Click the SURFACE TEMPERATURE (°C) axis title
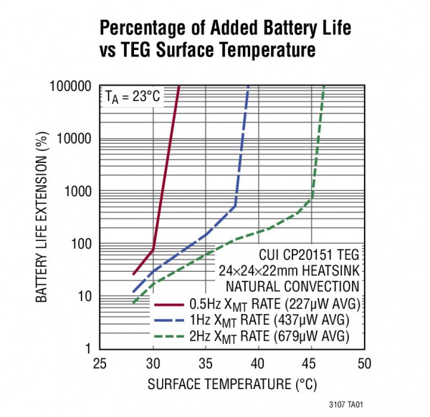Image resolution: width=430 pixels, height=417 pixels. [x=232, y=385]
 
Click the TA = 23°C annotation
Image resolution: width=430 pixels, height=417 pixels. [x=133, y=96]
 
